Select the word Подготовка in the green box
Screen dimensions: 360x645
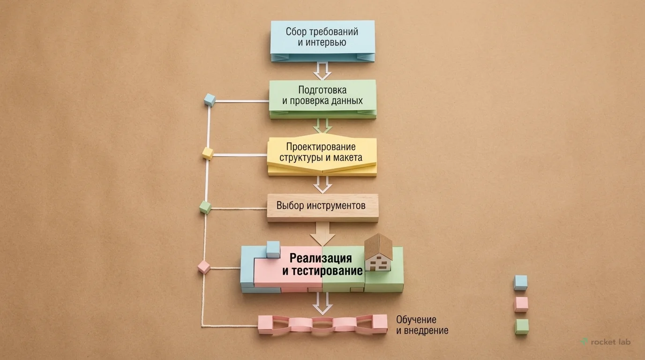tap(322, 90)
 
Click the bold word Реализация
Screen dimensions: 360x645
tap(320, 258)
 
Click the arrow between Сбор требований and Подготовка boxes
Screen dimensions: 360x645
tap(322, 71)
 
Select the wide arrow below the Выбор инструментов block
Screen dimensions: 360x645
tap(322, 232)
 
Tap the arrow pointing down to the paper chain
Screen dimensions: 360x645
tap(322, 303)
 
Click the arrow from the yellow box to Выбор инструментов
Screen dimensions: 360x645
tap(322, 184)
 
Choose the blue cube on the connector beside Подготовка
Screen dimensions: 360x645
tap(210, 100)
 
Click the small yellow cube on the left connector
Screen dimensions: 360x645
tap(207, 153)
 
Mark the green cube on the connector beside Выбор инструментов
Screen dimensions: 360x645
tap(205, 207)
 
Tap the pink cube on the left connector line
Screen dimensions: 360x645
tap(204, 267)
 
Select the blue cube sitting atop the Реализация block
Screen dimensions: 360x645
tap(273, 249)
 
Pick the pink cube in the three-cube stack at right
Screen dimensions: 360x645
tap(520, 304)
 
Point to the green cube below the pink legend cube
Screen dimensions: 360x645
tap(521, 326)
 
